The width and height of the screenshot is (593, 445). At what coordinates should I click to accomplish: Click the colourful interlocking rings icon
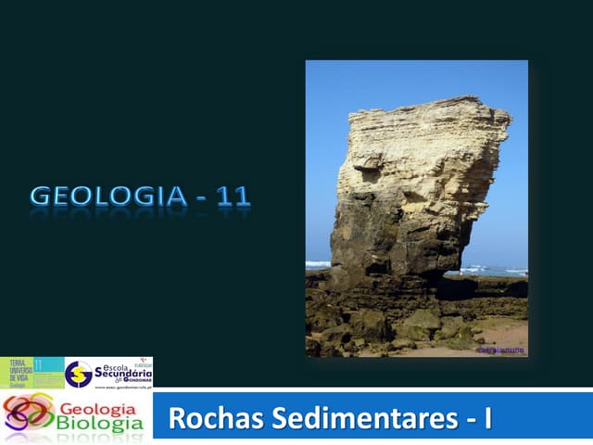click(x=28, y=415)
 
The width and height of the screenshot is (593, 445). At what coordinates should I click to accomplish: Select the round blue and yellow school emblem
click(x=78, y=374)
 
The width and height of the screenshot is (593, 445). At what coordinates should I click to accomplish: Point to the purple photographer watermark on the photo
click(x=500, y=350)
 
